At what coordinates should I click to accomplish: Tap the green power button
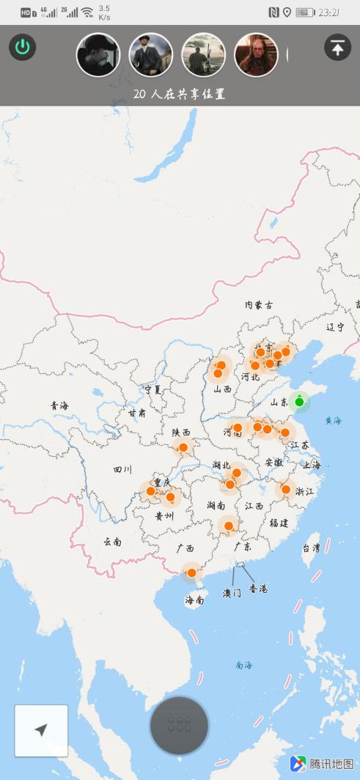coord(23,48)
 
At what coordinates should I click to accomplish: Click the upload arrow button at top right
coord(337,48)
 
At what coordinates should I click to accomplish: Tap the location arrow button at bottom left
coord(41,730)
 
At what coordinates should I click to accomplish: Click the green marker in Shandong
coord(299,402)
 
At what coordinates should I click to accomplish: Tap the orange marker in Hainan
coord(191,573)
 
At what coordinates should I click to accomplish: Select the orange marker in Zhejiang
coord(286,489)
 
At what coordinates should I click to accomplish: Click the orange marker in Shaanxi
coord(183,447)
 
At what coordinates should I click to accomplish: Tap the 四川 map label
coord(122,469)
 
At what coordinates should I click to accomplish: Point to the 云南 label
coord(112,542)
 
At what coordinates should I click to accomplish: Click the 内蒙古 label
coord(259,304)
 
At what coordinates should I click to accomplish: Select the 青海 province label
coord(59,405)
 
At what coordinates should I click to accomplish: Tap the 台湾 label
coord(311,548)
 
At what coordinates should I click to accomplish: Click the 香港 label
coord(258,589)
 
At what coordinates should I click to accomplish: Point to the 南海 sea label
coord(243,665)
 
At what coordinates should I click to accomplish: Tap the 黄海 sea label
coord(334,421)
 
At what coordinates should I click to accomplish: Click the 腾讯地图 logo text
coord(331,764)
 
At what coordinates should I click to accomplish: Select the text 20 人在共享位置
coord(179,94)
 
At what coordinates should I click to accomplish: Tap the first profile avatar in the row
coord(98,55)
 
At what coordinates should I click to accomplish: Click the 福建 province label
coord(279,523)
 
